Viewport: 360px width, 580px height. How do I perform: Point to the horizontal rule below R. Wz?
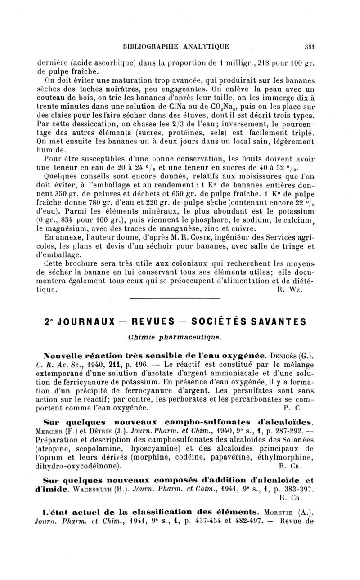click(x=175, y=299)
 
